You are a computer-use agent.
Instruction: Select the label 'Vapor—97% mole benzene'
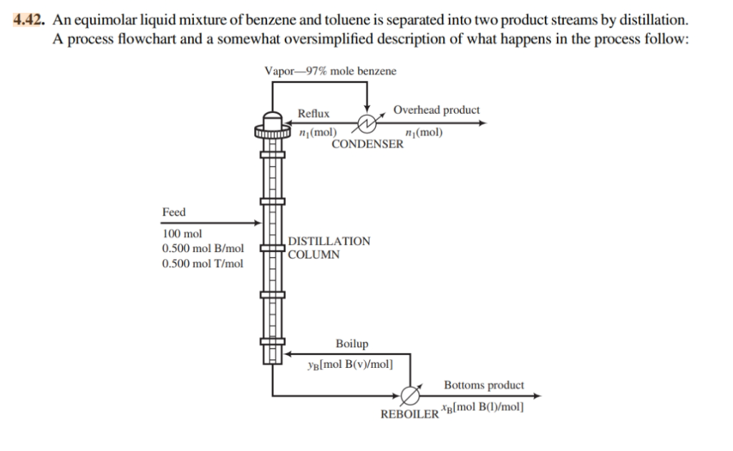(330, 71)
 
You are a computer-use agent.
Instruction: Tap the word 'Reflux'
(314, 113)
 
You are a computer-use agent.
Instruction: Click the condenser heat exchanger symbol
(366, 123)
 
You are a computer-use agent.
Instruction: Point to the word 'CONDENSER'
(367, 144)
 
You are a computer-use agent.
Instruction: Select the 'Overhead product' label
(437, 110)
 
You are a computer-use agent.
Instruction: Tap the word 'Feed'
(174, 212)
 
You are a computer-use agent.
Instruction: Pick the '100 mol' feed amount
(183, 234)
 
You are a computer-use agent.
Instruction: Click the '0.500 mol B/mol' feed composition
(203, 248)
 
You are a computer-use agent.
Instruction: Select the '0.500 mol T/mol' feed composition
(203, 263)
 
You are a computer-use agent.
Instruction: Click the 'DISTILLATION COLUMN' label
(329, 247)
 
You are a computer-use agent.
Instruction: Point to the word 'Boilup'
(352, 344)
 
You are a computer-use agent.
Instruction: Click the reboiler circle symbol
(410, 395)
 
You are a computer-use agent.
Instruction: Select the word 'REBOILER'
(409, 414)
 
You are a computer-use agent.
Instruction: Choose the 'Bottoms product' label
(484, 385)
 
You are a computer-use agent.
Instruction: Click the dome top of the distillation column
(272, 117)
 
